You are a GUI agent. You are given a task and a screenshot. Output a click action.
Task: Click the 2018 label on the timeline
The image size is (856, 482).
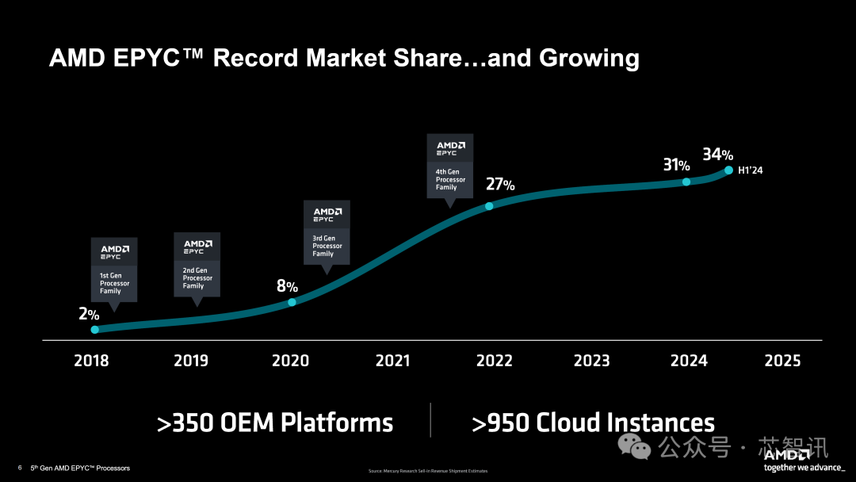pos(91,361)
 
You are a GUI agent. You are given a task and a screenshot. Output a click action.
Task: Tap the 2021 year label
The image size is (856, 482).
pos(392,361)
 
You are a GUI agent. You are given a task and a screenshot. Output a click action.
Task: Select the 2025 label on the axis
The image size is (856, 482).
pos(782,361)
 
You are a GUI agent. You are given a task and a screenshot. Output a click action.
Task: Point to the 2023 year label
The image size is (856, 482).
pos(591,361)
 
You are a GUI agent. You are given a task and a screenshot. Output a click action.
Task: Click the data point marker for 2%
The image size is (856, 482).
pos(95,329)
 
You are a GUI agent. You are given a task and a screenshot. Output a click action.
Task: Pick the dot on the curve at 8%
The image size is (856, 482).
pos(292,302)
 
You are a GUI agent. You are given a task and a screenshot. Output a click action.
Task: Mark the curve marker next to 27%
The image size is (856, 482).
pos(489,206)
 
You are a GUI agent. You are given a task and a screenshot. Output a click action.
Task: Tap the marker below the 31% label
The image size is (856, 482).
pos(686,182)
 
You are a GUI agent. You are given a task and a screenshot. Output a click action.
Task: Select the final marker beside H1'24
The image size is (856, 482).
pos(728,170)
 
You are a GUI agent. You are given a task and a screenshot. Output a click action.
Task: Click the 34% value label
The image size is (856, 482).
pos(717,154)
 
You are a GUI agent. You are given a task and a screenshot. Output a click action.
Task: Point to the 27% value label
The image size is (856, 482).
pos(499,185)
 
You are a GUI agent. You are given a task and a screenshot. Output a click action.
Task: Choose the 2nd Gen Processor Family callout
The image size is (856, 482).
pos(197,264)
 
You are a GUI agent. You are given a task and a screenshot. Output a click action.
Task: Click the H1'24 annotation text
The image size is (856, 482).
pos(751,170)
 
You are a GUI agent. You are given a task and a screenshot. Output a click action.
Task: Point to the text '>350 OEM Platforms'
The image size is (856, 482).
pos(275,423)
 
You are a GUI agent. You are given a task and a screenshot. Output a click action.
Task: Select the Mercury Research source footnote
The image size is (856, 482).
pos(428,471)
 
